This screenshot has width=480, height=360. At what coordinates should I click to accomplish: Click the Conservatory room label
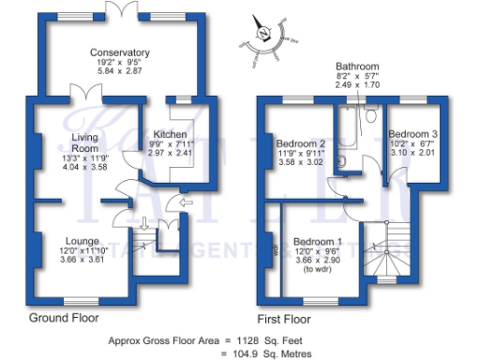pyautogui.click(x=120, y=52)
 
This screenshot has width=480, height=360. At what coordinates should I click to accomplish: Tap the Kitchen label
pyautogui.click(x=170, y=134)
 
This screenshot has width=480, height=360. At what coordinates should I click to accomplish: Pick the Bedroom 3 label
pyautogui.click(x=413, y=134)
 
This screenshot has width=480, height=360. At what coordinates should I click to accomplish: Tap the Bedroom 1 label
pyautogui.click(x=319, y=241)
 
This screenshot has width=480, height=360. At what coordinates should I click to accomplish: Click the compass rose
pyautogui.click(x=265, y=37)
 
